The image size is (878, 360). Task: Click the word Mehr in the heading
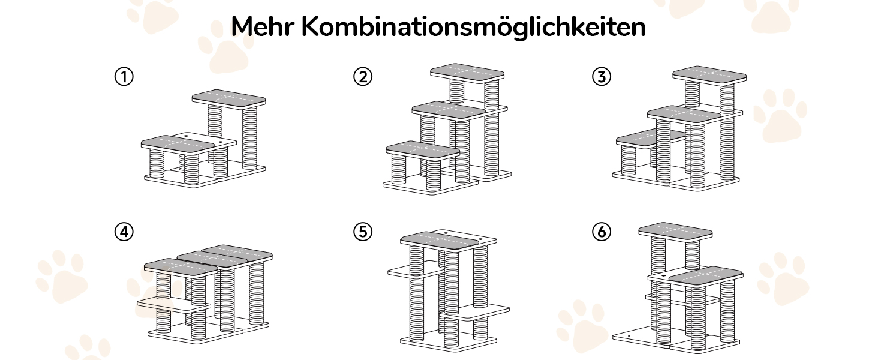261,27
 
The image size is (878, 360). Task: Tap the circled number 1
124,77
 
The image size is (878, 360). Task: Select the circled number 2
363,77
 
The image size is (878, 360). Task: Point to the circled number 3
601,77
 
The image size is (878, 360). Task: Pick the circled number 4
124,232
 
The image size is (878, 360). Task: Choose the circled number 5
363,232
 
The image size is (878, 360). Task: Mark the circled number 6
601,232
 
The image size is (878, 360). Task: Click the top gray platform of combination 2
468,71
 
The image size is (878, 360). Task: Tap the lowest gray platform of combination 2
422,149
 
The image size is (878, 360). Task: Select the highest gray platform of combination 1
228,98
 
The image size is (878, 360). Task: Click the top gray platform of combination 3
709,74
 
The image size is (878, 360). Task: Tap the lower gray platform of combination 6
705,275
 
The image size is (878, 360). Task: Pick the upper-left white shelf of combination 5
415,271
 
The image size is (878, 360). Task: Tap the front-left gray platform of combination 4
181,266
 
